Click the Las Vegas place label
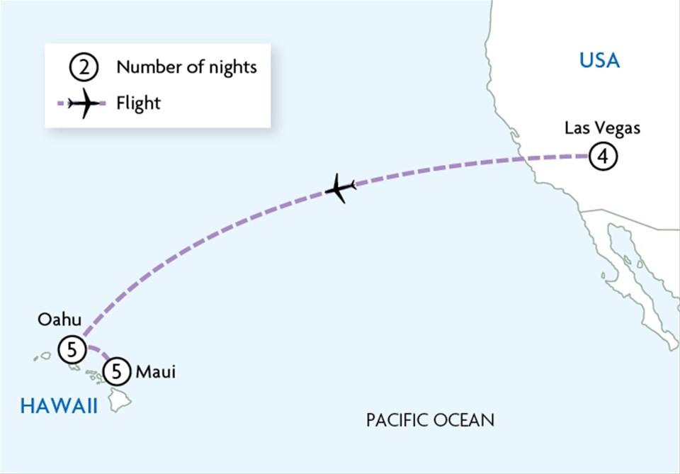tap(602, 128)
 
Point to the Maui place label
tap(154, 371)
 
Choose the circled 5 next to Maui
tap(117, 371)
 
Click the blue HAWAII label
tap(59, 405)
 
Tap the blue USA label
tap(599, 61)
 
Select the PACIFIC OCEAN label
tap(430, 420)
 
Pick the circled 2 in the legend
tap(82, 69)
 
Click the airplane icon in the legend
tap(84, 103)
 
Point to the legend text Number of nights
tap(186, 68)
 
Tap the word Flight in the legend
tap(139, 103)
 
